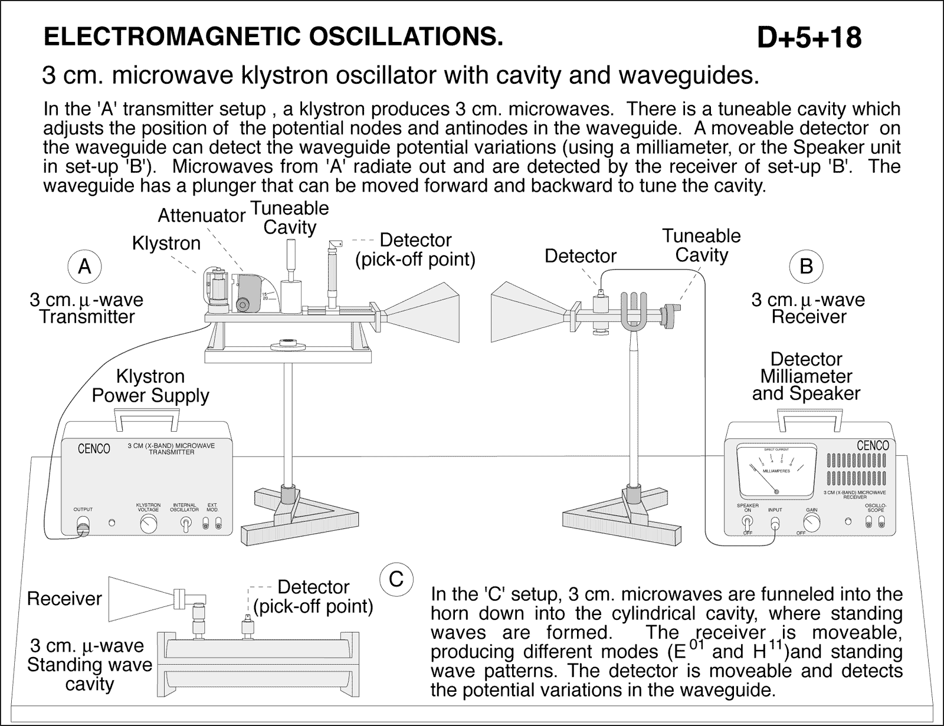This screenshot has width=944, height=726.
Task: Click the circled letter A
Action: (85, 267)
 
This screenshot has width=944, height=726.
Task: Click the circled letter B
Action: (806, 267)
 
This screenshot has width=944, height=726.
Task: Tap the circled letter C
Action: (397, 579)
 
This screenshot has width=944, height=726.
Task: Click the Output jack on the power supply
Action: (83, 524)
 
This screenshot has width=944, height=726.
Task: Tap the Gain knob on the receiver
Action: (812, 521)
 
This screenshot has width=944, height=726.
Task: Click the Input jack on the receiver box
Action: (775, 522)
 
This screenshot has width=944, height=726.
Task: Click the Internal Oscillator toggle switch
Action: (185, 524)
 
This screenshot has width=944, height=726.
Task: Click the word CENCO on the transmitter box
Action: (94, 449)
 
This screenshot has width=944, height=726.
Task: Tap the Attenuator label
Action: (201, 216)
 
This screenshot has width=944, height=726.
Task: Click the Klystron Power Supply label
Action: (150, 386)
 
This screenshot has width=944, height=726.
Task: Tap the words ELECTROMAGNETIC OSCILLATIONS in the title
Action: (274, 37)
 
